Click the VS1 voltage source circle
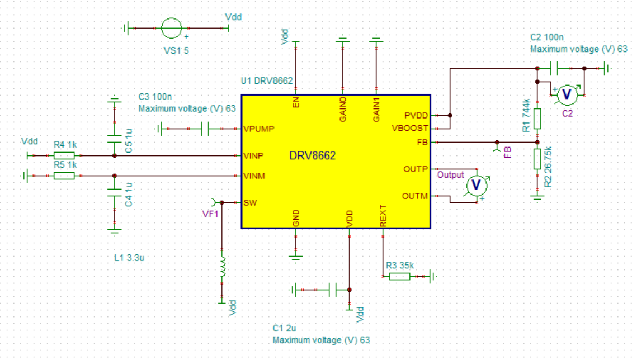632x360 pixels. [x=171, y=27]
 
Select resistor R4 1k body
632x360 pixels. [x=64, y=155]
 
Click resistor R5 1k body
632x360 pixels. [x=64, y=176]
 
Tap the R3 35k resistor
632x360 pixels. [x=399, y=276]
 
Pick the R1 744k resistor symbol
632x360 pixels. [x=537, y=118]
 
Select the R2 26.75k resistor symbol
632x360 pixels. [x=537, y=159]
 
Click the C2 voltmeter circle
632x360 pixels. [x=567, y=94]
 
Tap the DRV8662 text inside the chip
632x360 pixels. [x=312, y=156]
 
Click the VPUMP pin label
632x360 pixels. [x=258, y=129]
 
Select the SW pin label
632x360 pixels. [x=249, y=202]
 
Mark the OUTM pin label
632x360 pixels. [x=415, y=196]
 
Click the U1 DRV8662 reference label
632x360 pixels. [x=267, y=81]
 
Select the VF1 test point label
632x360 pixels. [x=210, y=214]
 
